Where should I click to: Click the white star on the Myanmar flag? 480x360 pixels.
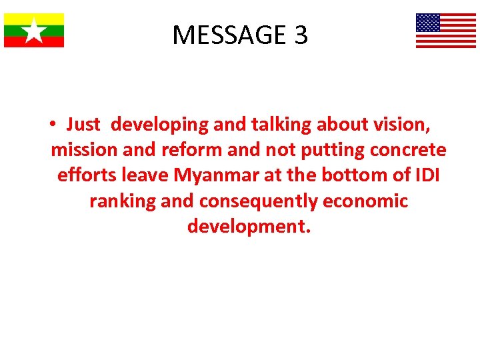coord(34,30)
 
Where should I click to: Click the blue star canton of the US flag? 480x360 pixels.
coord(428,23)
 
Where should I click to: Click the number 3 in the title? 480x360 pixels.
coord(300,35)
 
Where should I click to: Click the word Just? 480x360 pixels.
coord(83,125)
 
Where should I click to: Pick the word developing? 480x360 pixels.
coord(159,125)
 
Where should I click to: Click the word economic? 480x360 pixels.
coord(370,201)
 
